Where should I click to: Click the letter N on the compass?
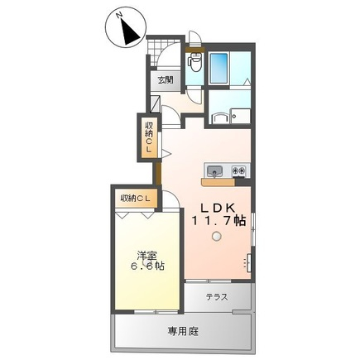[119, 15]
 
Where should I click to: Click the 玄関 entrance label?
[166, 80]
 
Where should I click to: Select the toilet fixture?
[195, 62]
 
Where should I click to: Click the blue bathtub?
[218, 68]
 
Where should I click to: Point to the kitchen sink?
[215, 170]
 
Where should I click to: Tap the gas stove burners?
[238, 170]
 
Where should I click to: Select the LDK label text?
[218, 208]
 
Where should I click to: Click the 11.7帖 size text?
[218, 220]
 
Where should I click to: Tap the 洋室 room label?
[147, 256]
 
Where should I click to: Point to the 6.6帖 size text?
[147, 266]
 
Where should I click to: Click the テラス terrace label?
[217, 297]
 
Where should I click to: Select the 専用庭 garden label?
[183, 331]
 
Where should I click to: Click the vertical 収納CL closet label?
[149, 137]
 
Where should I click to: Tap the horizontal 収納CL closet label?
[135, 198]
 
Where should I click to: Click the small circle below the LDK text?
[216, 236]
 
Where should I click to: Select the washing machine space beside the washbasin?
[241, 116]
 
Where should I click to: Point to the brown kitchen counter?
[218, 182]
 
